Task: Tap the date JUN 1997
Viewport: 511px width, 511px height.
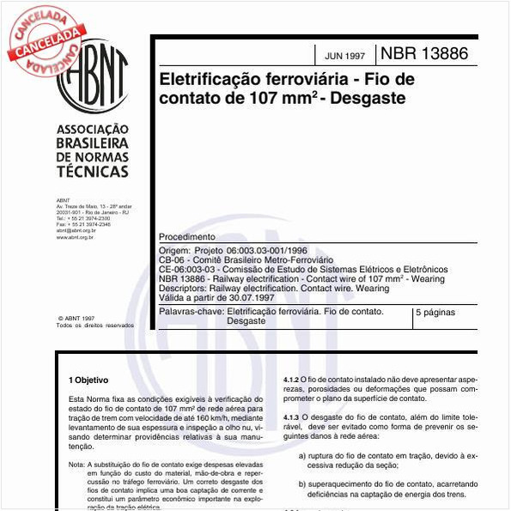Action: click(x=344, y=56)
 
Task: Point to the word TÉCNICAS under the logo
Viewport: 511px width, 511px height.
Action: click(x=92, y=172)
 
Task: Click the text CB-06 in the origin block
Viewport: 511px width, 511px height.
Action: click(x=173, y=259)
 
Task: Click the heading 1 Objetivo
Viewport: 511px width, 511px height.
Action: click(x=88, y=379)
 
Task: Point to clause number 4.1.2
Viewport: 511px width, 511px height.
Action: click(x=291, y=379)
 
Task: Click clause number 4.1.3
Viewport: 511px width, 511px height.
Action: click(x=291, y=417)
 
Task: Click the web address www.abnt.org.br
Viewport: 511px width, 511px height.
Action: click(x=76, y=236)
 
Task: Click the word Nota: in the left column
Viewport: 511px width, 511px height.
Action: click(x=76, y=465)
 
